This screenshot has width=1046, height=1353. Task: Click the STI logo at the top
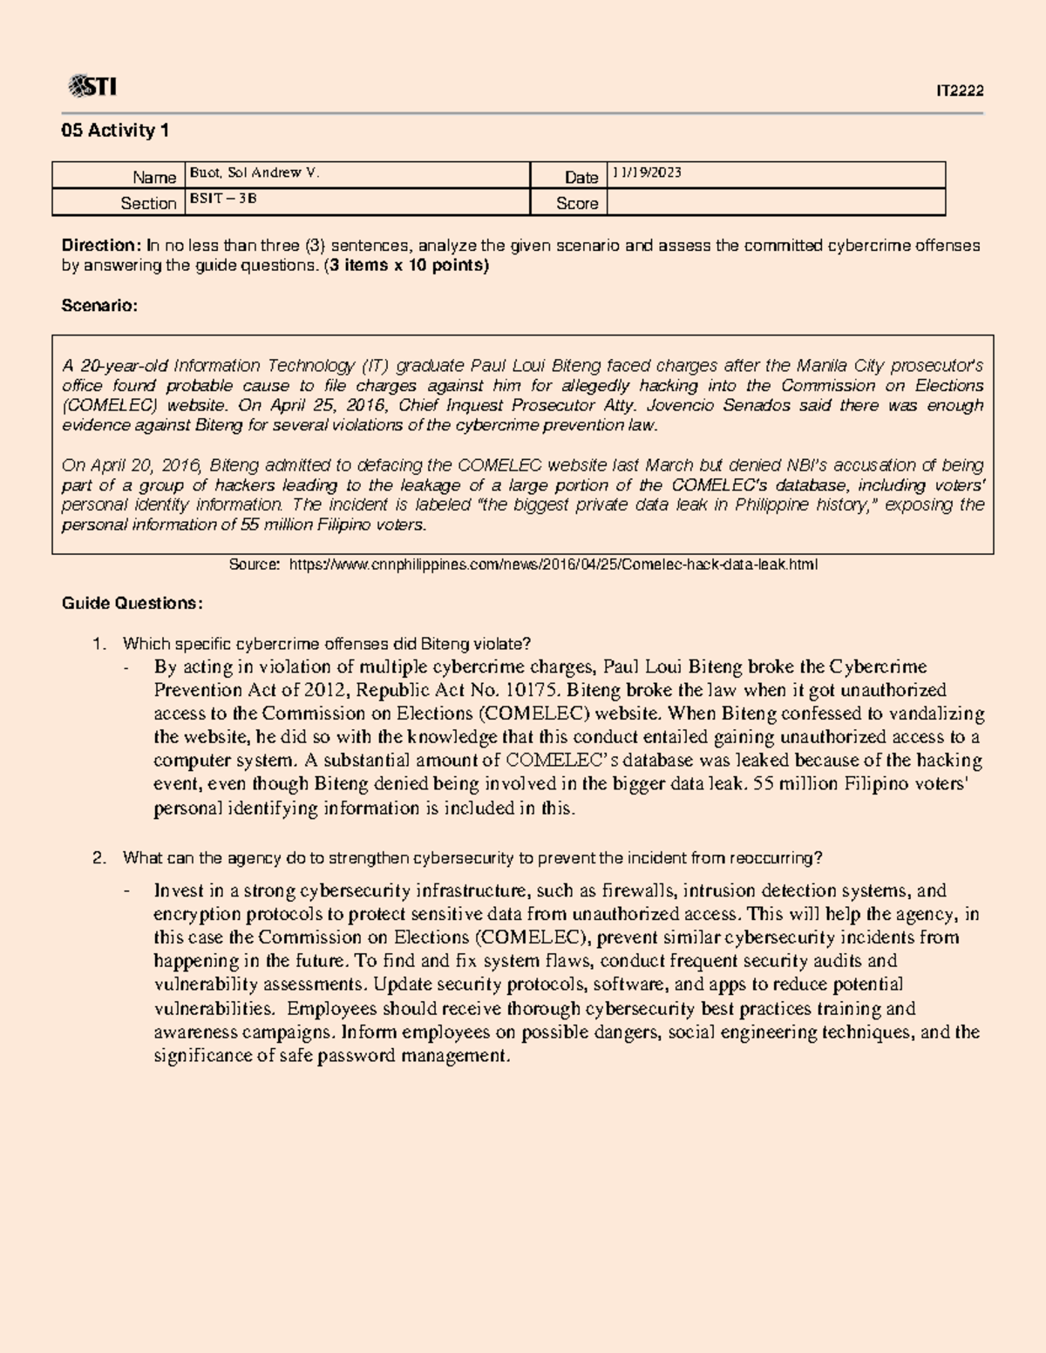tap(92, 86)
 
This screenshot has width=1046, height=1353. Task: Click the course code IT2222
tap(960, 91)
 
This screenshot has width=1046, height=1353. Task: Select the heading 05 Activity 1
tap(114, 131)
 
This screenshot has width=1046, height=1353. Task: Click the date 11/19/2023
tap(647, 173)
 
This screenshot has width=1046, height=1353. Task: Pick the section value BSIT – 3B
tap(223, 199)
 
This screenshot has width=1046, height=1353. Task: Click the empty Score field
tap(775, 203)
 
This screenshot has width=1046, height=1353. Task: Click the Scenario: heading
tap(98, 306)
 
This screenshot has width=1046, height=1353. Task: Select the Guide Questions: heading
tap(132, 603)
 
